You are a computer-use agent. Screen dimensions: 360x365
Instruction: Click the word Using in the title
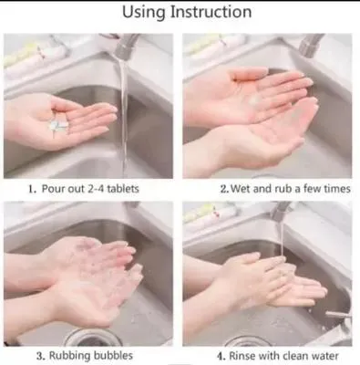tap(144, 13)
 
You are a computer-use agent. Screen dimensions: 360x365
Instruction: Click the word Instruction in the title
tap(211, 12)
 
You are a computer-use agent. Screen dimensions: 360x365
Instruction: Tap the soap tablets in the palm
tap(58, 126)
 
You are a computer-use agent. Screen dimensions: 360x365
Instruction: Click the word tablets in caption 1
tap(123, 189)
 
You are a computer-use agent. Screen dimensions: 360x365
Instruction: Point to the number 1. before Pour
tap(33, 189)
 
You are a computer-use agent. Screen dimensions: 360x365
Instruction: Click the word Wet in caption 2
tap(241, 189)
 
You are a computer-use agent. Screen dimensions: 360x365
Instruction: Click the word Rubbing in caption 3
tap(70, 356)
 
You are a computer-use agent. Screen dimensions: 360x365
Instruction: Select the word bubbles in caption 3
tap(113, 355)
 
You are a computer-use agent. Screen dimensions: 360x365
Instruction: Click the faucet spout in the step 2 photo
tap(311, 45)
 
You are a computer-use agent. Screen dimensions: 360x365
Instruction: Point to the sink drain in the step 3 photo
tap(90, 337)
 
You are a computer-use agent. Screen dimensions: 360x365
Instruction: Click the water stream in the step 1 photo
tap(124, 116)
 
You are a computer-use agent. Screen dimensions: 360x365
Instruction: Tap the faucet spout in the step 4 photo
tap(281, 211)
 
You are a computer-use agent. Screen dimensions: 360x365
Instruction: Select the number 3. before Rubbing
tap(41, 356)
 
